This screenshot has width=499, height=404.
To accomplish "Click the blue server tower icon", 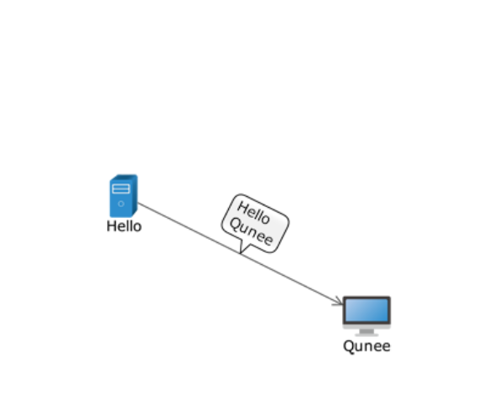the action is pyautogui.click(x=123, y=195).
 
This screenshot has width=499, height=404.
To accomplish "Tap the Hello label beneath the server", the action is pyautogui.click(x=124, y=226).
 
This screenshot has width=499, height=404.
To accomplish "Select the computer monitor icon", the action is pyautogui.click(x=366, y=316).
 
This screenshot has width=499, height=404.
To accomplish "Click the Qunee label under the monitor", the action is pyautogui.click(x=366, y=346).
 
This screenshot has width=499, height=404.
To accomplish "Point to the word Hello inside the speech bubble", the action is pyautogui.click(x=253, y=213).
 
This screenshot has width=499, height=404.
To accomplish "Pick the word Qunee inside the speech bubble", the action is pyautogui.click(x=251, y=232).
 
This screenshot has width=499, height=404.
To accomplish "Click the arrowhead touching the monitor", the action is pyautogui.click(x=338, y=301).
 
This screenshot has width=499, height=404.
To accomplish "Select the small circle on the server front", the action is pyautogui.click(x=121, y=204).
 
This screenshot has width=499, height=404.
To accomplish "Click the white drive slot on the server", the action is pyautogui.click(x=121, y=189).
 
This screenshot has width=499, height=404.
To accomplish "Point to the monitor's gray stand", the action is pyautogui.click(x=366, y=333).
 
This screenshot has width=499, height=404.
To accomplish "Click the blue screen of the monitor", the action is pyautogui.click(x=366, y=310).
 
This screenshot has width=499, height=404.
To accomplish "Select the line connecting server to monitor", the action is pyautogui.click(x=240, y=253).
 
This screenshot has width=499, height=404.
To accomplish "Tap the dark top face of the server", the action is pyautogui.click(x=125, y=177).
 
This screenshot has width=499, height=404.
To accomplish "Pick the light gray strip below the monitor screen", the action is pyautogui.click(x=366, y=326).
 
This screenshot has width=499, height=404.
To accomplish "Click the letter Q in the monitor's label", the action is pyautogui.click(x=349, y=346).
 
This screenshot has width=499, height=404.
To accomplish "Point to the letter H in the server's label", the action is pyautogui.click(x=112, y=226).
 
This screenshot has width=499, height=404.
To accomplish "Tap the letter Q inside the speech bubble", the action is pyautogui.click(x=236, y=225).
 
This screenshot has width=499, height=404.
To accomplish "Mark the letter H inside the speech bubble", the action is pyautogui.click(x=243, y=209).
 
